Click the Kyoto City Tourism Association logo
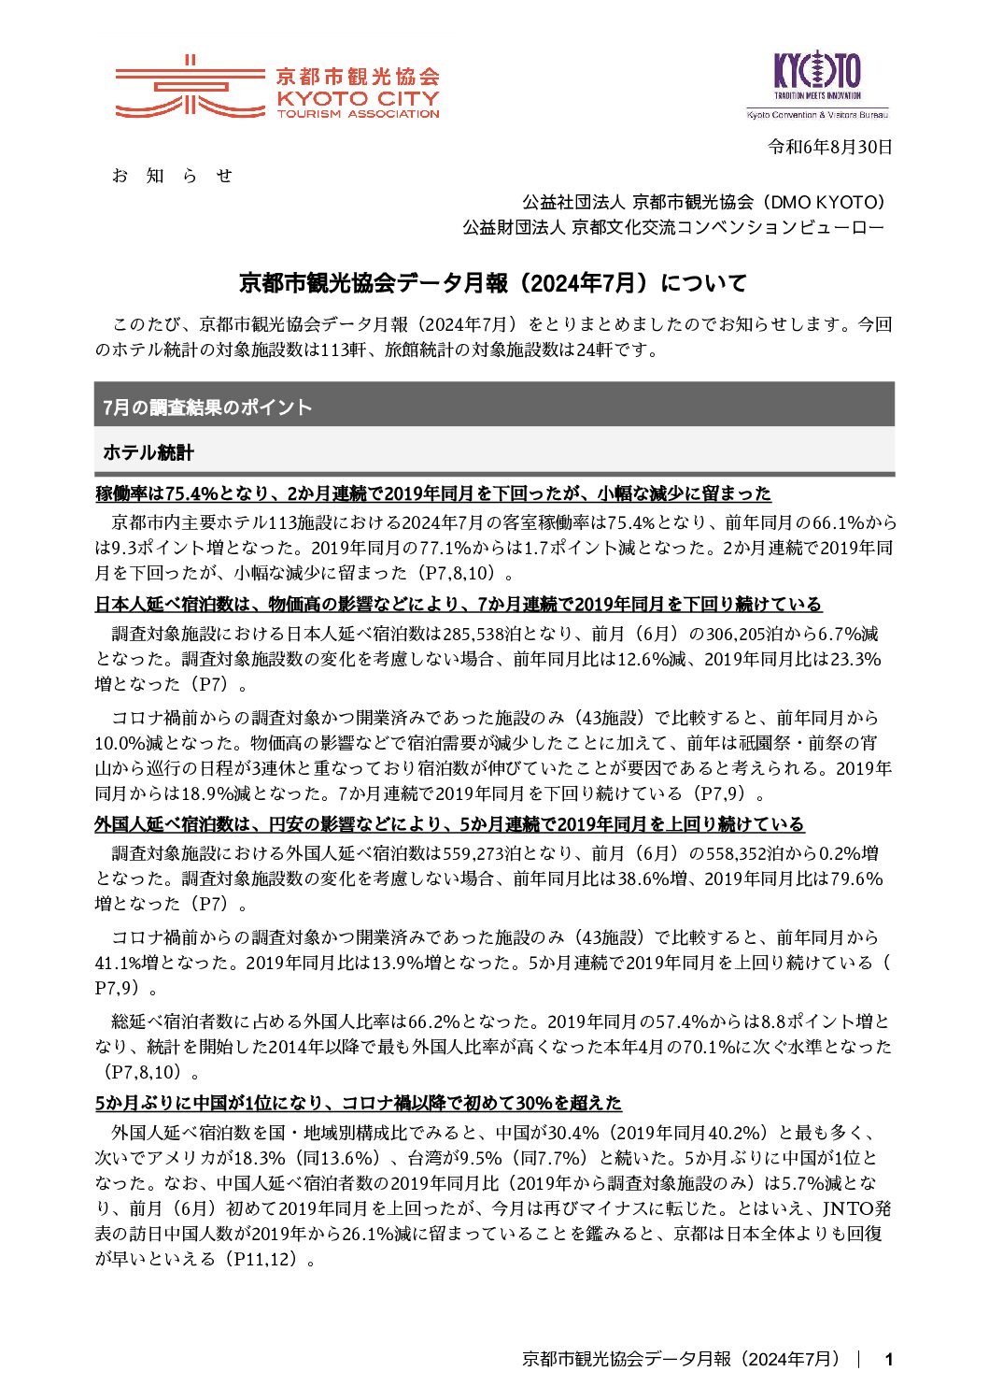(276, 88)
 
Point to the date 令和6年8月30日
(829, 147)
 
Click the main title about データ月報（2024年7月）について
(493, 282)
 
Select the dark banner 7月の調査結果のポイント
(493, 407)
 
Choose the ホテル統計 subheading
(148, 452)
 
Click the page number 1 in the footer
(888, 1359)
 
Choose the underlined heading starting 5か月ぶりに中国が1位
(358, 1103)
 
